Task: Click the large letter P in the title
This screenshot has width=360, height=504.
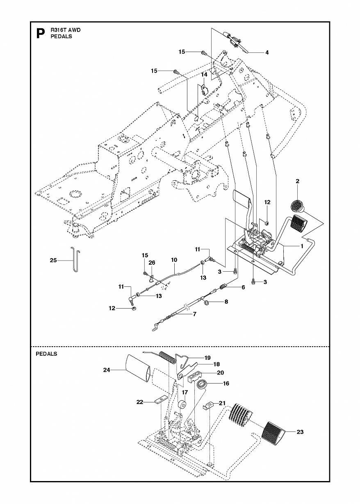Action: coord(40,33)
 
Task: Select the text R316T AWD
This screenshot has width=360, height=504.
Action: coord(66,30)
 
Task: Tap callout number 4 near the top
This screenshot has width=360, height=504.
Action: coord(267,52)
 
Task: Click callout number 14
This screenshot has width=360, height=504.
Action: coord(204,75)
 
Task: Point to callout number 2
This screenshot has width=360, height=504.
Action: coord(297,182)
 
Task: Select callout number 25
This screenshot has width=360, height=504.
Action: coord(53,261)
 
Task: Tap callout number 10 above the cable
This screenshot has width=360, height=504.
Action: coord(174,260)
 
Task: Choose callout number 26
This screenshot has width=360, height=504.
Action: coord(152,263)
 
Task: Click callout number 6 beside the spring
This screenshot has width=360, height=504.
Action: coord(243,287)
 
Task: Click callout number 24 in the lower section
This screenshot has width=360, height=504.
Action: coord(107,370)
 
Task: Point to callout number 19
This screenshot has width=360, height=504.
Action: coord(207,358)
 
